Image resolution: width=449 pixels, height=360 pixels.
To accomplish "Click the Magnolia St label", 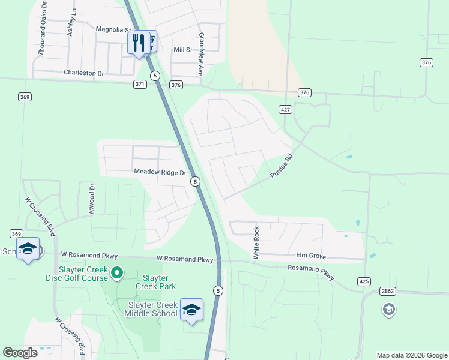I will [x=113, y=29].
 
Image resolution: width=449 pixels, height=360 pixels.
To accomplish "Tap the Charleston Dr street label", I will [x=84, y=73].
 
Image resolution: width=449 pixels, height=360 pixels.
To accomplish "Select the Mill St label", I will [x=182, y=50].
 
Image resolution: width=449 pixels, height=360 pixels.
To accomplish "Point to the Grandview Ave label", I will [x=202, y=54].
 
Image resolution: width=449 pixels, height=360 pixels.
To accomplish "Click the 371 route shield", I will [x=140, y=85].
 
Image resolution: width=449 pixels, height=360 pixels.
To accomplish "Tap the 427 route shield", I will [x=285, y=109].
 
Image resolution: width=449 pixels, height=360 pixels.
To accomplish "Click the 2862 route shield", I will [x=388, y=291].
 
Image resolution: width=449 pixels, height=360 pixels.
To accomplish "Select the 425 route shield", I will [x=364, y=281].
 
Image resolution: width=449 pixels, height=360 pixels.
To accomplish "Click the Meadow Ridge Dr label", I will [x=160, y=172].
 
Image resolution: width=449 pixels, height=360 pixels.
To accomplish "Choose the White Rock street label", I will [x=256, y=243].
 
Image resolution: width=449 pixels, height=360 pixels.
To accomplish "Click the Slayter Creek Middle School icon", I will [x=191, y=310].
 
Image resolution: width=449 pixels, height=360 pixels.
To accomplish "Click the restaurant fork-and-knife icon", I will [x=138, y=43].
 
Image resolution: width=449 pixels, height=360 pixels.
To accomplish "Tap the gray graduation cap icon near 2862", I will [x=388, y=310].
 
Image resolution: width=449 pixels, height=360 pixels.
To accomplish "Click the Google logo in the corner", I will [x=20, y=353].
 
